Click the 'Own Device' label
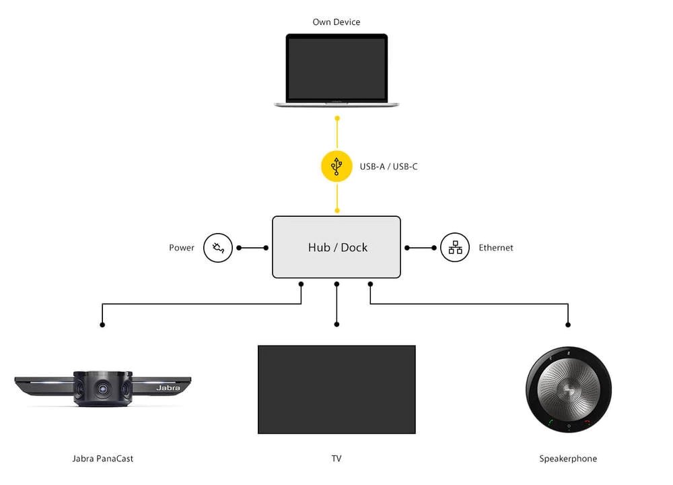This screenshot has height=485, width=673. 336,22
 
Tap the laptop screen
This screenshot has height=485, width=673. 336,68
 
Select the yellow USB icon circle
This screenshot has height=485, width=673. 336,166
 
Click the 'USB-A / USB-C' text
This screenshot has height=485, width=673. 388,166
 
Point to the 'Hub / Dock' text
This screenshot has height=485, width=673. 337,247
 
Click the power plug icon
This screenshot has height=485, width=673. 218,248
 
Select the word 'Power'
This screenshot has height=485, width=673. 181,248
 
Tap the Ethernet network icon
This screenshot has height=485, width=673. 455,248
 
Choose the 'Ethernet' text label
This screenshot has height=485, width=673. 495,248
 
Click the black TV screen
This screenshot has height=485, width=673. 336,389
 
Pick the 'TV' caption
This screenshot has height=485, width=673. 336,459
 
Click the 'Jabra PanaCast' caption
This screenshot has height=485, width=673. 103,459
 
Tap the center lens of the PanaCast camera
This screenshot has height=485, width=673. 102,389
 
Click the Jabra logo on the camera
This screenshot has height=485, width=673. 168,388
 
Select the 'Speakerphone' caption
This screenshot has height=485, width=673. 568,459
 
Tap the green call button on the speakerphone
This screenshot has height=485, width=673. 551,423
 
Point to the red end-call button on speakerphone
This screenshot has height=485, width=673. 587,423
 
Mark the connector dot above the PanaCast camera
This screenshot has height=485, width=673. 102,325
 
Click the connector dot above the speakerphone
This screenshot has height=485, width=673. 569,325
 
